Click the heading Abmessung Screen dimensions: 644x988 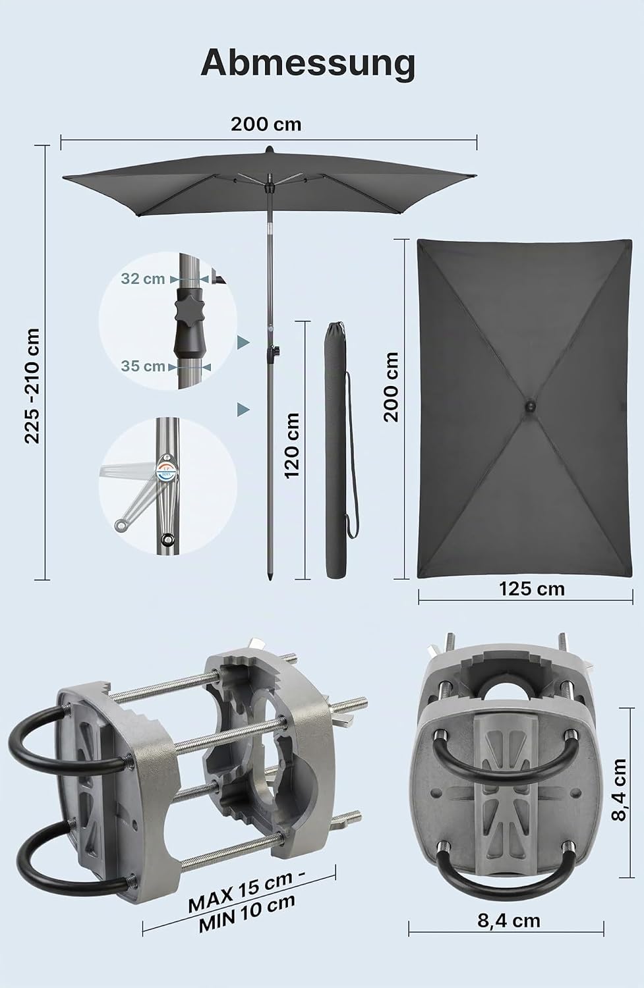[x=308, y=65]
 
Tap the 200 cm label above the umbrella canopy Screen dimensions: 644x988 [x=266, y=124]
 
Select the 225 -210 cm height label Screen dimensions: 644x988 [x=32, y=385]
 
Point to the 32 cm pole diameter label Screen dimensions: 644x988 [x=143, y=279]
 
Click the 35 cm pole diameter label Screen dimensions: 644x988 [x=143, y=366]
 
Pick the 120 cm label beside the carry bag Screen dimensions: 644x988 [x=292, y=445]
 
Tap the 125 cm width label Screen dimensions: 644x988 [x=532, y=589]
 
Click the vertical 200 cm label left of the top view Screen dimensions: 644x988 [x=391, y=387]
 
